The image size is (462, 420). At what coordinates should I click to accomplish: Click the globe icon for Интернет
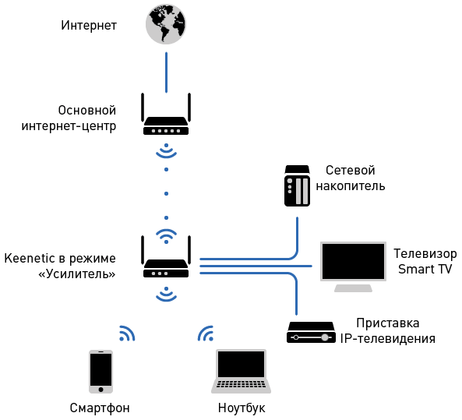tap(166, 25)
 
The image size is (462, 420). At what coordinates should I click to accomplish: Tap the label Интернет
tap(89, 26)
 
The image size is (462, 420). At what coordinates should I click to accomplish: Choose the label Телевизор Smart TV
tap(425, 262)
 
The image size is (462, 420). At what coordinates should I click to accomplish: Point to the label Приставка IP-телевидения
tap(387, 330)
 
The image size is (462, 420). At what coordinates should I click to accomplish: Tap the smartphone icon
tap(101, 371)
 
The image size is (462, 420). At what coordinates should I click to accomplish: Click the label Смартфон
tap(100, 408)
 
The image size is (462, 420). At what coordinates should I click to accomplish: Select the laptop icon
tap(242, 371)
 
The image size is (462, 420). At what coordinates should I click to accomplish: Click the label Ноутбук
tap(242, 408)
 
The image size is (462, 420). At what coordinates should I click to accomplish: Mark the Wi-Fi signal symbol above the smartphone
tap(126, 334)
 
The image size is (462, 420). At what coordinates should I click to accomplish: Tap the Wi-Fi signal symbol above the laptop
tap(206, 334)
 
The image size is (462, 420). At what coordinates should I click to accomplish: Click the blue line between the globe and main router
tap(166, 71)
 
